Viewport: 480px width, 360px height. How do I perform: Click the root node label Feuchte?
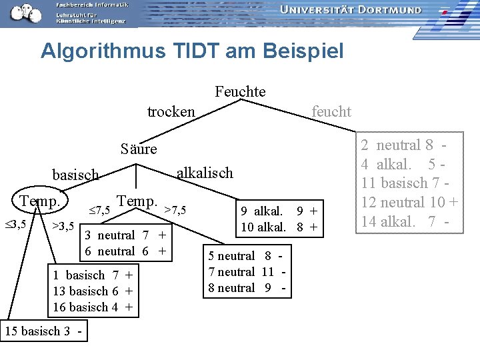tap(240, 92)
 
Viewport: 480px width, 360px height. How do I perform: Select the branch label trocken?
tap(171, 111)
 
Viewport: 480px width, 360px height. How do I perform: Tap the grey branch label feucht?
tap(331, 111)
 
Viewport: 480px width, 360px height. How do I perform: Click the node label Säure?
tap(139, 149)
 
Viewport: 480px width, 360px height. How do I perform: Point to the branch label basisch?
tap(75, 175)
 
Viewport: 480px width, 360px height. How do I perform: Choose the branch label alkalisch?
tap(205, 173)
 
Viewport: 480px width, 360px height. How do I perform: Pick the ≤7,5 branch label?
tap(100, 211)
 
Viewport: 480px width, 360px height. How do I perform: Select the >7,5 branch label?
tap(175, 211)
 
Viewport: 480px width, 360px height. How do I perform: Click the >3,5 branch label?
tap(63, 225)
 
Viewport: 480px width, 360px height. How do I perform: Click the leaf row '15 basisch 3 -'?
tap(45, 331)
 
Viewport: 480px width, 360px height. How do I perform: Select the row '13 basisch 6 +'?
tap(93, 291)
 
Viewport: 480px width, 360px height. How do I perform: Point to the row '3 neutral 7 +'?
tap(125, 235)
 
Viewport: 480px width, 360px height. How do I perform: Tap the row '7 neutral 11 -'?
tap(241, 272)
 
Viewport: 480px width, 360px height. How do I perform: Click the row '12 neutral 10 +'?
tap(409, 202)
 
